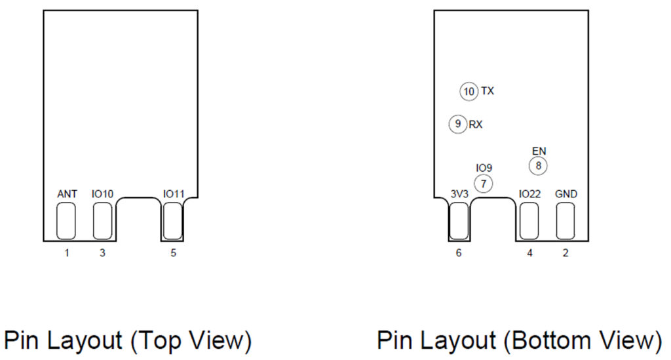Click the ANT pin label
pyautogui.click(x=67, y=194)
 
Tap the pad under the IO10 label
pyautogui.click(x=103, y=221)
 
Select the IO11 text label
pyautogui.click(x=174, y=194)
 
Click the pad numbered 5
pyautogui.click(x=172, y=221)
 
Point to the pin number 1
pyautogui.click(x=67, y=252)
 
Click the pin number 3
pyautogui.click(x=102, y=252)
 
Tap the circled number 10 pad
pyautogui.click(x=469, y=92)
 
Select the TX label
pyautogui.click(x=488, y=91)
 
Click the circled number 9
pyautogui.click(x=457, y=124)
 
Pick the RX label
pyautogui.click(x=476, y=124)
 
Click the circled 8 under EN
pyautogui.click(x=538, y=166)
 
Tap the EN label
pyautogui.click(x=539, y=151)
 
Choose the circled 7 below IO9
pyautogui.click(x=483, y=184)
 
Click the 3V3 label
pyautogui.click(x=459, y=194)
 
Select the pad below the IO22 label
pyautogui.click(x=529, y=221)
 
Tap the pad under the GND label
pyautogui.click(x=566, y=221)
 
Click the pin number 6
pyautogui.click(x=459, y=252)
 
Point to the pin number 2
pyautogui.click(x=566, y=252)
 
